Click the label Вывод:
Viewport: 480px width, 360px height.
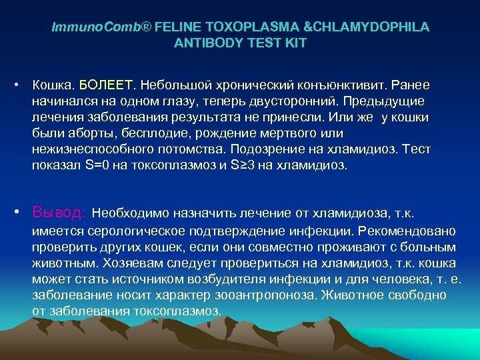point(59,213)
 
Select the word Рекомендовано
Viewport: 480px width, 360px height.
point(407,231)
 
